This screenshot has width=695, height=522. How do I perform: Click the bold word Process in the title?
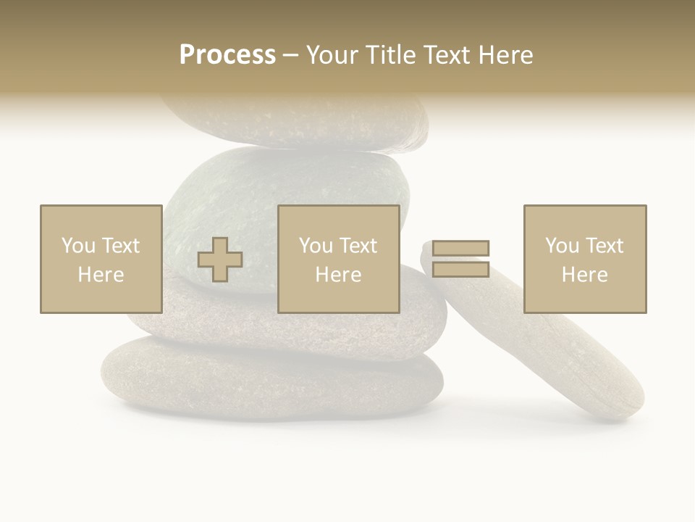(227, 55)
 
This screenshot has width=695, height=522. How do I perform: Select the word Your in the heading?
(333, 55)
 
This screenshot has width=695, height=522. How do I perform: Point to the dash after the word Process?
(290, 56)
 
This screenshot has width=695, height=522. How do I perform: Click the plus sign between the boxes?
(220, 260)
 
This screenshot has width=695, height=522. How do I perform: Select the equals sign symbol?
(460, 259)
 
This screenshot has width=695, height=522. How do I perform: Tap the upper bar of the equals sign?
(460, 249)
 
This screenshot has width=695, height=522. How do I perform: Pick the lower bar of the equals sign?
(460, 270)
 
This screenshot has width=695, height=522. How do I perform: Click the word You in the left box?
(77, 246)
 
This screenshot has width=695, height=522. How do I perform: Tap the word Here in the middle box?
(338, 275)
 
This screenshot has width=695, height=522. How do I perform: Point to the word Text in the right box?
(605, 246)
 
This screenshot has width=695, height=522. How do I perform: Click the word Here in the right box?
(585, 275)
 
